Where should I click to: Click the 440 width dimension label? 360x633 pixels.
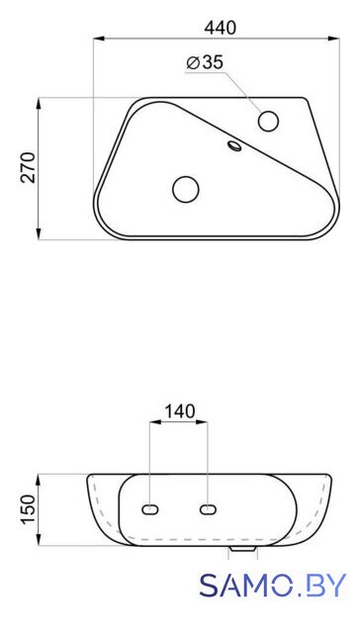tap(220, 28)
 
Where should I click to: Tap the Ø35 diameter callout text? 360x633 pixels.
tap(205, 62)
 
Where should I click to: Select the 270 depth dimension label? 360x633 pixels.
tap(28, 167)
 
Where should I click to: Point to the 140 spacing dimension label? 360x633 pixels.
tap(179, 411)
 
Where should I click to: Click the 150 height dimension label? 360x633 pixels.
tap(29, 509)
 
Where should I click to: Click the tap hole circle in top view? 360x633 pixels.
tap(268, 121)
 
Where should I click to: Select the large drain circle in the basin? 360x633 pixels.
tap(186, 189)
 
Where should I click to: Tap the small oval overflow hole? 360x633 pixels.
tap(234, 145)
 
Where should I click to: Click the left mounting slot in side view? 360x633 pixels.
tap(150, 510)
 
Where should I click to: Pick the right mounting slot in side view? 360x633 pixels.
tap(208, 510)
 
